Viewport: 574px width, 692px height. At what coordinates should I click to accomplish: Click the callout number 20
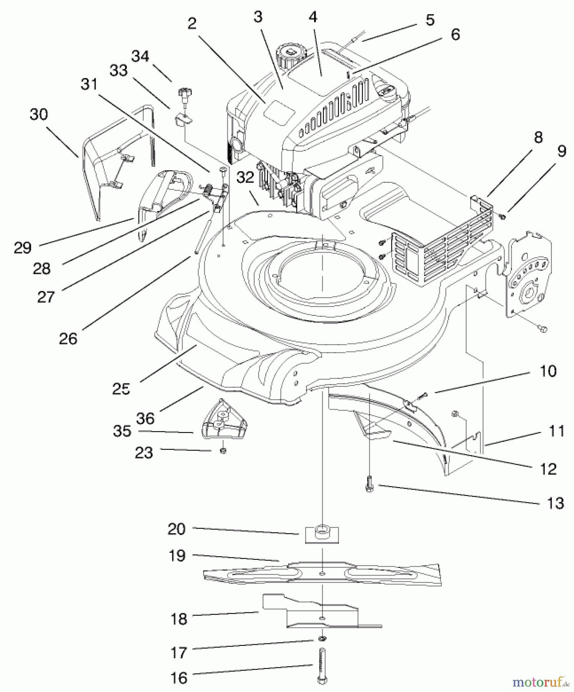[x=177, y=529]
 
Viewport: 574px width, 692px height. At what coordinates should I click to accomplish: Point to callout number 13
[x=555, y=503]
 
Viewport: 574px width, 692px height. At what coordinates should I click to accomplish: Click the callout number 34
[x=140, y=57]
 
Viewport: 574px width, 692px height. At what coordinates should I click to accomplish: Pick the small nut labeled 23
[x=223, y=450]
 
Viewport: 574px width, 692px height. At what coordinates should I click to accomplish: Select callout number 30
[x=38, y=115]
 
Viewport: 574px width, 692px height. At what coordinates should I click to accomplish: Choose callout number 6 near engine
[x=455, y=34]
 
